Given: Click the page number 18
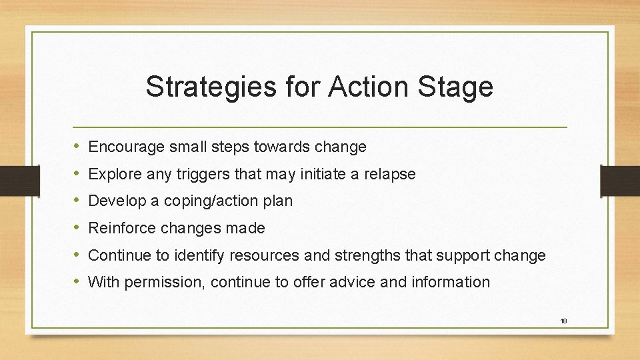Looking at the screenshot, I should click(x=563, y=321).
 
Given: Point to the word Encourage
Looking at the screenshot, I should click(x=124, y=147).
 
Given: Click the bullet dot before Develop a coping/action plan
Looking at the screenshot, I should click(x=77, y=201).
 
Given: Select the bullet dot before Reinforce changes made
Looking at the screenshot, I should click(x=77, y=228).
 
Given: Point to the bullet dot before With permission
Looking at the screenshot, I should click(x=77, y=281).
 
